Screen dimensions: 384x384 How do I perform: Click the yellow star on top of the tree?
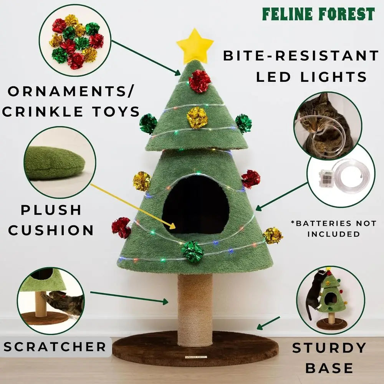195,45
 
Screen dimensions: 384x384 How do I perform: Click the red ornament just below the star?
199,81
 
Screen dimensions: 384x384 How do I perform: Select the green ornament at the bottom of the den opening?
192,252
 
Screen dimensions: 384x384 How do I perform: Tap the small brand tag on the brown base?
195,357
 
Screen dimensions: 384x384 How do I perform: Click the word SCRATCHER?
55,347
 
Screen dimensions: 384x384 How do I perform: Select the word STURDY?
329,348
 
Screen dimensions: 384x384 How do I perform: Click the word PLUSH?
51,210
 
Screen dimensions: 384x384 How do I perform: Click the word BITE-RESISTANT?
301,56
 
